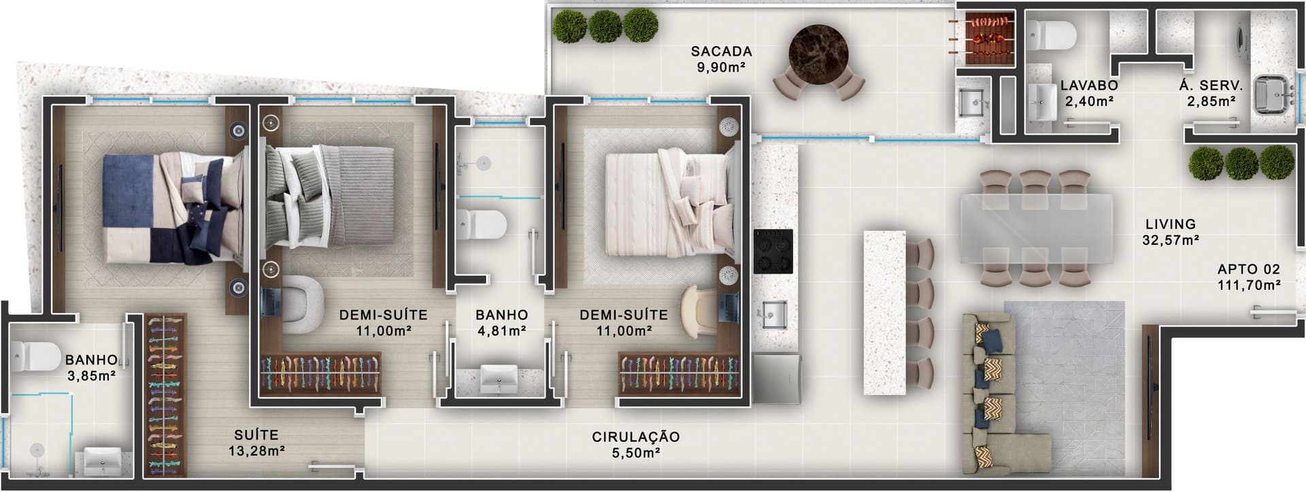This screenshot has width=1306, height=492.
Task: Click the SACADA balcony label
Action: pyautogui.click(x=721, y=52)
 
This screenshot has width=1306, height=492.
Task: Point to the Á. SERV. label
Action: pyautogui.click(x=1211, y=86)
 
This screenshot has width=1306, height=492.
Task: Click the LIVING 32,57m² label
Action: pyautogui.click(x=1171, y=231)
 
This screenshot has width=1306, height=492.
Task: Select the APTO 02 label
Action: pyautogui.click(x=1249, y=269)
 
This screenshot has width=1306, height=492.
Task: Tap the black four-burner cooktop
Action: pyautogui.click(x=773, y=251)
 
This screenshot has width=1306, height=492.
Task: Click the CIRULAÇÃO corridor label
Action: pyautogui.click(x=635, y=437)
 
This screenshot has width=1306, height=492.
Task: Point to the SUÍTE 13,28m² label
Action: pyautogui.click(x=256, y=442)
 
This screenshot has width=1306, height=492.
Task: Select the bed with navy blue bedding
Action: pyautogui.click(x=173, y=208)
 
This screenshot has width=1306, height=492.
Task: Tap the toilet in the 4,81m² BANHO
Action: pyautogui.click(x=481, y=225)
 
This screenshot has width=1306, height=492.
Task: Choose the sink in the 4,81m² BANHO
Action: pyautogui.click(x=499, y=378)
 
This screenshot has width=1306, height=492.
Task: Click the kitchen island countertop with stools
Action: pyautogui.click(x=884, y=312)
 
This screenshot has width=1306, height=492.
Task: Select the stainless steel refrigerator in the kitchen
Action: pyautogui.click(x=777, y=378)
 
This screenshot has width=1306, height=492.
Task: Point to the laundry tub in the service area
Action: pyautogui.click(x=1271, y=95)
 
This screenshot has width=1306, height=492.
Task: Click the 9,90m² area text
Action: pyautogui.click(x=721, y=67)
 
